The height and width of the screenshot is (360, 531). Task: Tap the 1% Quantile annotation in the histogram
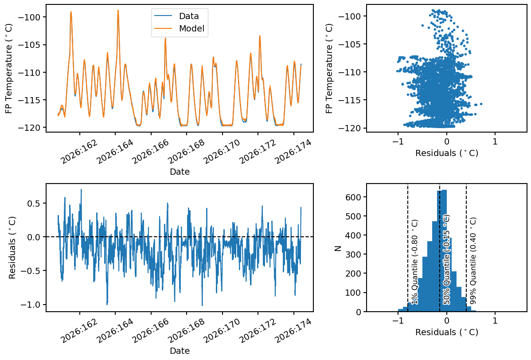[x=415, y=262]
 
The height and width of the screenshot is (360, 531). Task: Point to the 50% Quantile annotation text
[x=446, y=260]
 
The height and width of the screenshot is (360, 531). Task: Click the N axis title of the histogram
[x=337, y=248]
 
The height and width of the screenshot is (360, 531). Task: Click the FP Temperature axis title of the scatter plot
[x=329, y=68]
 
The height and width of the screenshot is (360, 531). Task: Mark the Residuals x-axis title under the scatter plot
[x=447, y=153]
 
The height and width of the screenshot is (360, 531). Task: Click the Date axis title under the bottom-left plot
[x=180, y=351]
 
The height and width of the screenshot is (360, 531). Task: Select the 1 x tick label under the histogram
[x=495, y=321]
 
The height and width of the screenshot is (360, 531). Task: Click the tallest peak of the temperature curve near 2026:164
[x=118, y=10]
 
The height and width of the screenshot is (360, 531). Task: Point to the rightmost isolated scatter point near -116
[x=481, y=104]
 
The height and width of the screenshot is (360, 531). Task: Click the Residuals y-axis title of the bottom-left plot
[x=12, y=247]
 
